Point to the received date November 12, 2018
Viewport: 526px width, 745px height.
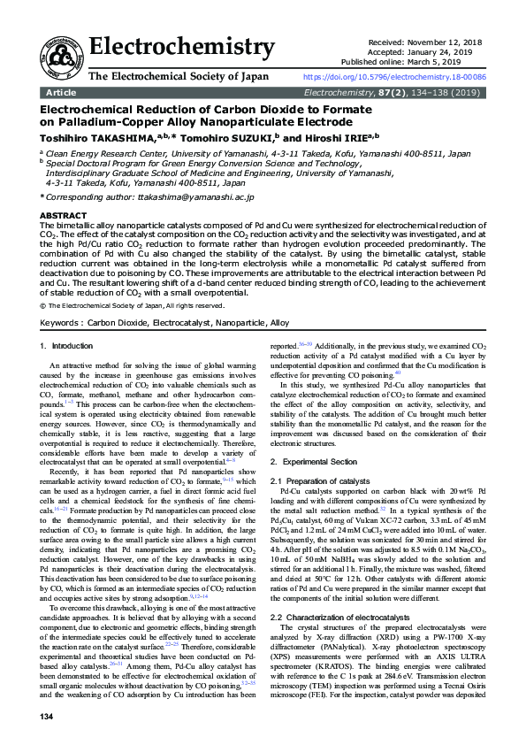pos(452,42)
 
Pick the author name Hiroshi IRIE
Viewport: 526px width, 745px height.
pos(329,138)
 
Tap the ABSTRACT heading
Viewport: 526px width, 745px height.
pos(65,216)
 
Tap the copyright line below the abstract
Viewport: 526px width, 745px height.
pos(133,305)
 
